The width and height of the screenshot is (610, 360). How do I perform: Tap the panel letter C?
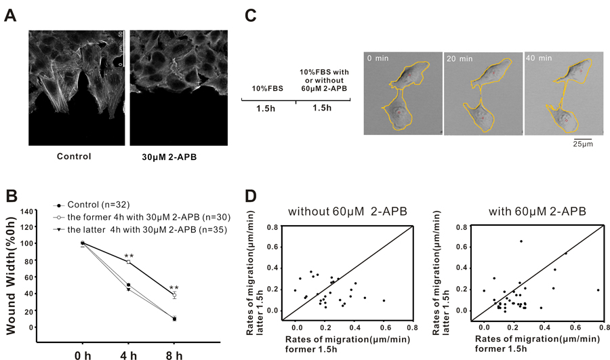tap(249, 15)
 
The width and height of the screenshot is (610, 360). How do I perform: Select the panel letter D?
tap(249, 198)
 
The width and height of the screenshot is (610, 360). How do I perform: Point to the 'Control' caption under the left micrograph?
tap(75, 157)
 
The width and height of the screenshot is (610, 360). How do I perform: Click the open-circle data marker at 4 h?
tap(128, 262)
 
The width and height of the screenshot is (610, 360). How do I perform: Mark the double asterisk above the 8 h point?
tap(175, 287)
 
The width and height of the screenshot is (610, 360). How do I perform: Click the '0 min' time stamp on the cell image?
tap(377, 59)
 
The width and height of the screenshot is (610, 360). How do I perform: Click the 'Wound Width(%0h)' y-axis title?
tap(13, 272)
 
